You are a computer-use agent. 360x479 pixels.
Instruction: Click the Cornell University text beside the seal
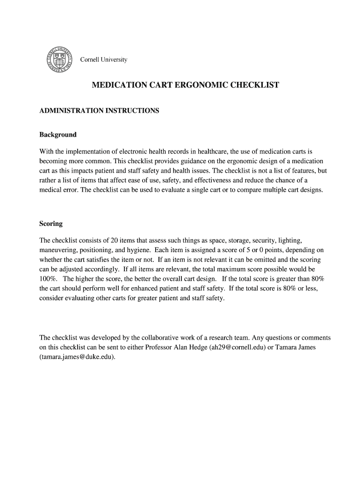(104, 60)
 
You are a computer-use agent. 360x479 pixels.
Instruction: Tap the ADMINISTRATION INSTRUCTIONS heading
(99, 111)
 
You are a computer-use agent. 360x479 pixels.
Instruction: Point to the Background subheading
(58, 135)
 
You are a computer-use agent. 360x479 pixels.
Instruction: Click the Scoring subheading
(51, 224)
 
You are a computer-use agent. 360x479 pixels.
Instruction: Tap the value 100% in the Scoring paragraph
(48, 279)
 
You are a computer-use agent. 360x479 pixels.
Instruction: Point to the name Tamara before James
(289, 347)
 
